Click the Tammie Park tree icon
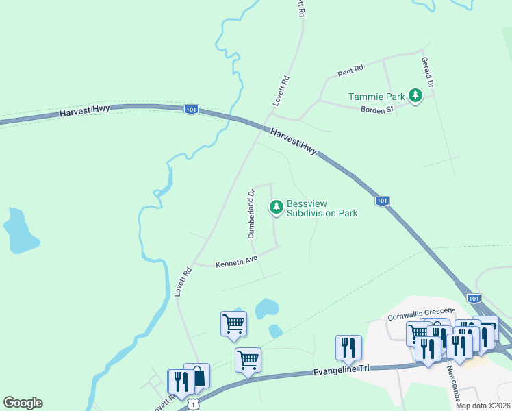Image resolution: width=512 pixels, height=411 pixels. [x=415, y=97]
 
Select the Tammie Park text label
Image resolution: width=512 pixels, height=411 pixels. [x=377, y=97]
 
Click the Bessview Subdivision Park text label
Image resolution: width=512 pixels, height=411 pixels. [x=322, y=208]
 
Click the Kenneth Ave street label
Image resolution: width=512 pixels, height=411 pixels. [x=236, y=262]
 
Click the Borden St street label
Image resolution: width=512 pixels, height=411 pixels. [x=376, y=109]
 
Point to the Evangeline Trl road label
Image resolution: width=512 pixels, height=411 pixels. [x=340, y=369]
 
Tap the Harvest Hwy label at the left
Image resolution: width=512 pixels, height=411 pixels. [x=85, y=111]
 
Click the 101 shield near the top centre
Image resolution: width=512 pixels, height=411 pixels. [x=192, y=110]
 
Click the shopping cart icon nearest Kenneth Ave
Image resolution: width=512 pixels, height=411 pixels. [x=233, y=323]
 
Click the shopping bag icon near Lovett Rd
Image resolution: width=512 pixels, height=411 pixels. [x=197, y=376]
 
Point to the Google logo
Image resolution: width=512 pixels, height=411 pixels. [x=23, y=403]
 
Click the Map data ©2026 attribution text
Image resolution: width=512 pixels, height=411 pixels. [x=483, y=406]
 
